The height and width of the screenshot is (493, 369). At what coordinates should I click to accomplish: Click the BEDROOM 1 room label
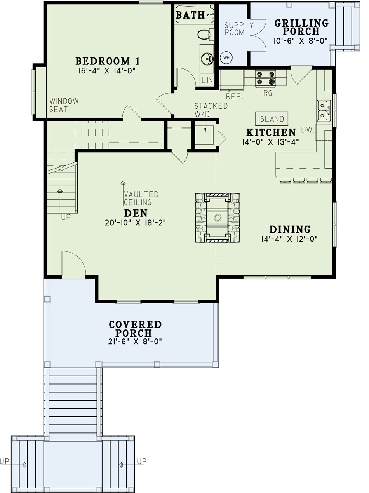click(108, 61)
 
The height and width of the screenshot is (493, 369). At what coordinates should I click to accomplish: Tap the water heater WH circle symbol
click(226, 58)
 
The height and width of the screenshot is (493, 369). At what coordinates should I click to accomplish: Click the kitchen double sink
click(322, 111)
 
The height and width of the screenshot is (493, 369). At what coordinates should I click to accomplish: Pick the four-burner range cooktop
click(265, 77)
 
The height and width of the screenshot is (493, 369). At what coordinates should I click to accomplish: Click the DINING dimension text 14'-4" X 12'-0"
click(290, 239)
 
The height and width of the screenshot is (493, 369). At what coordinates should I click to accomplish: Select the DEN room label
click(136, 213)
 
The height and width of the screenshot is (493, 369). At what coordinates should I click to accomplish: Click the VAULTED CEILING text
click(141, 198)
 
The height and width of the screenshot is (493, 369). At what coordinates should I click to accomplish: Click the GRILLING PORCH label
click(302, 27)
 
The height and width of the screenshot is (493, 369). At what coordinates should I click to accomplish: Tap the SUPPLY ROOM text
click(239, 29)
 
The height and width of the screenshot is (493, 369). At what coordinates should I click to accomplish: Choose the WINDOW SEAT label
click(64, 105)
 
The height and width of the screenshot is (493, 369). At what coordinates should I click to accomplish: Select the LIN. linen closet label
click(206, 81)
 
